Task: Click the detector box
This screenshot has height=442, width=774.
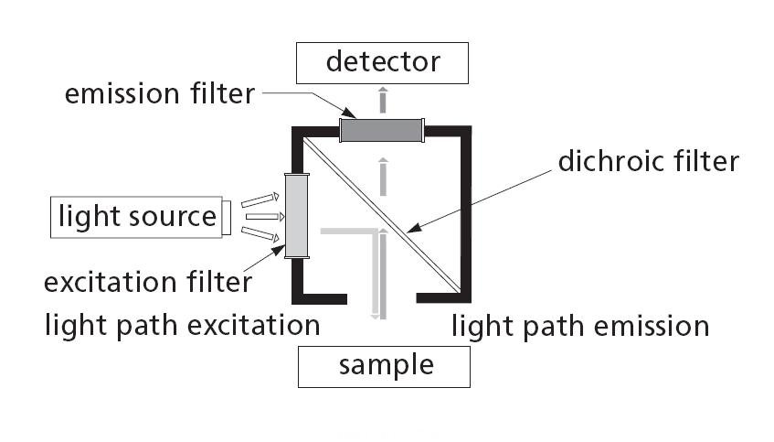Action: tap(383, 62)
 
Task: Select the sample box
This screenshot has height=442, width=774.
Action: tap(384, 366)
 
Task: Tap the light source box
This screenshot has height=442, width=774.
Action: tap(136, 217)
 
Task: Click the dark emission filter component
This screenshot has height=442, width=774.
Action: tap(381, 130)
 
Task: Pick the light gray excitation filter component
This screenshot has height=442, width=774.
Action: tap(298, 216)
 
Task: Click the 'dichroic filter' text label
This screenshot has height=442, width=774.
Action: tap(647, 162)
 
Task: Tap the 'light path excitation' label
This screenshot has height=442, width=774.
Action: tap(183, 325)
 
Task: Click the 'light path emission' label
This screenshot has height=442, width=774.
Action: tap(580, 326)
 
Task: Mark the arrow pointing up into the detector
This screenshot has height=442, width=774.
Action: tap(383, 97)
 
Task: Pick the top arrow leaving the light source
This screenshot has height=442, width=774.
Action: tap(260, 199)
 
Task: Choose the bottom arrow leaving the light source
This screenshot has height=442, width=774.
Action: tap(260, 235)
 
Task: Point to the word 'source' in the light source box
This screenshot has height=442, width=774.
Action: tap(174, 217)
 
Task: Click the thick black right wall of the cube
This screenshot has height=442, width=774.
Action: tap(464, 215)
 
